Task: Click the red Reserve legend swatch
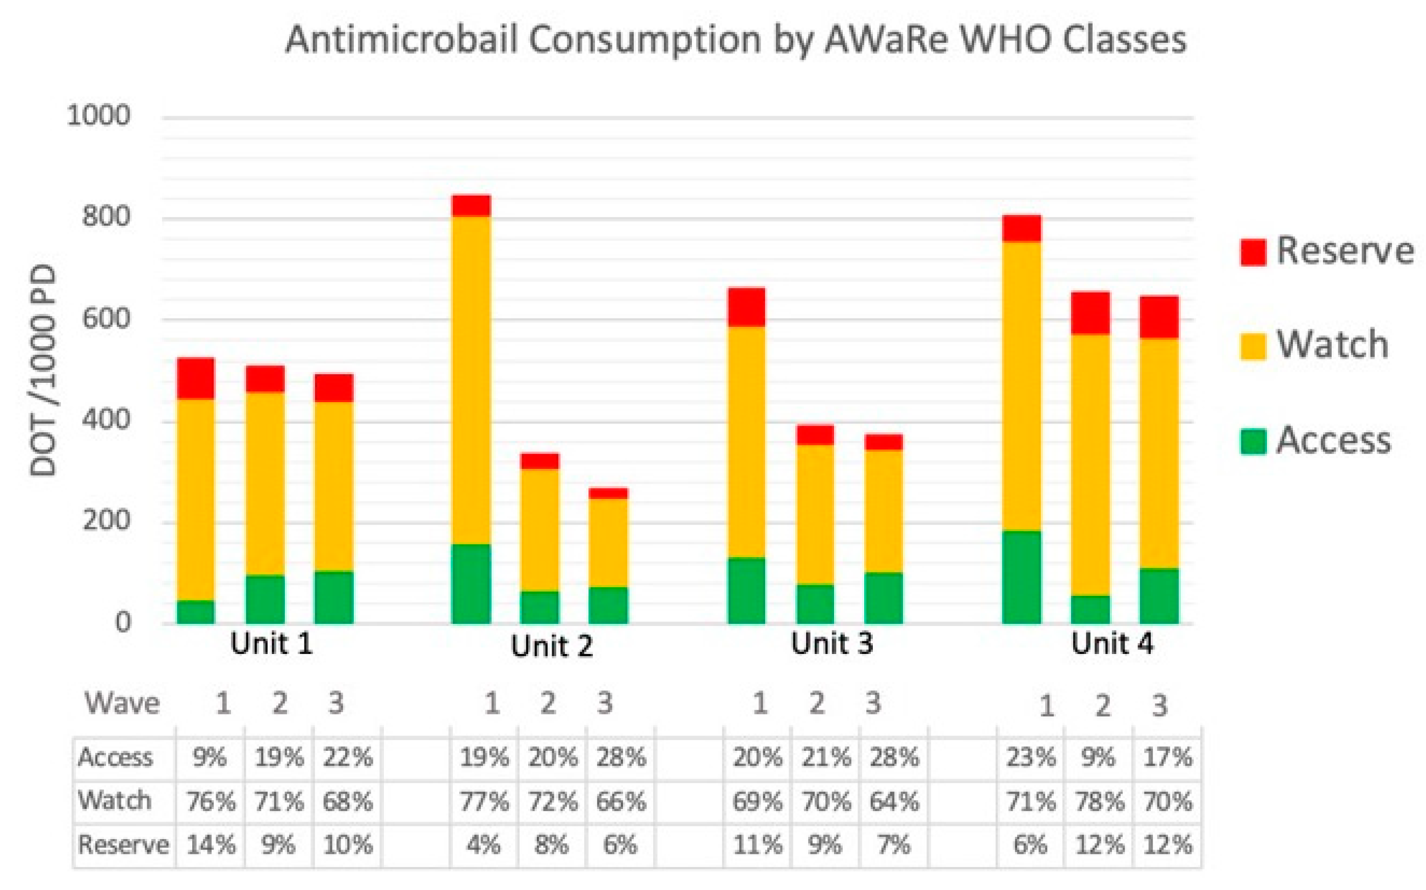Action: [1252, 252]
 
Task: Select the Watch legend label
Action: [1332, 345]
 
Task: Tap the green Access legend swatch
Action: [1252, 441]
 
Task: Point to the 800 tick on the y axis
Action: [106, 217]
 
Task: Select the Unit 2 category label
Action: [551, 646]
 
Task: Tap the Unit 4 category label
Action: [1111, 644]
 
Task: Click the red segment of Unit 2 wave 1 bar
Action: [471, 206]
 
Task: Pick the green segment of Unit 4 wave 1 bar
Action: [1022, 577]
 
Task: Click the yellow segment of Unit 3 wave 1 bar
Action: [746, 441]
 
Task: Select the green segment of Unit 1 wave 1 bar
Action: [195, 612]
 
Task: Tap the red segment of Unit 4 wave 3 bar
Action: [1159, 317]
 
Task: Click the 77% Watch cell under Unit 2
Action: [484, 802]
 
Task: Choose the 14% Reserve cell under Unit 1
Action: [211, 845]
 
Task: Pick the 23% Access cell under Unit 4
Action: [1030, 757]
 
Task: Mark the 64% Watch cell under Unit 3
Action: [894, 802]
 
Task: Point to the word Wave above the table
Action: [122, 703]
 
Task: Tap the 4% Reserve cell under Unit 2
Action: [484, 845]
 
